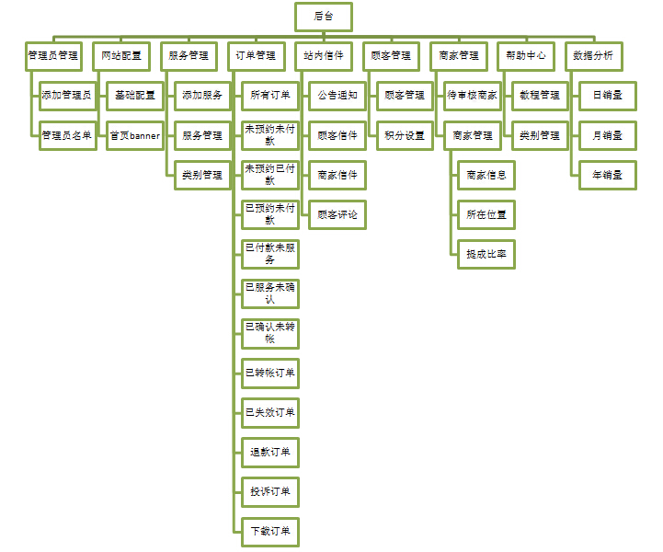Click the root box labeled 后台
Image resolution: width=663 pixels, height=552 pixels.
(x=324, y=16)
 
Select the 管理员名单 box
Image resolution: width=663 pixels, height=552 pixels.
(x=66, y=135)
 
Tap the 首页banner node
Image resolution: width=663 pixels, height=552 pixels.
(x=134, y=135)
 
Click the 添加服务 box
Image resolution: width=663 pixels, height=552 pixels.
(x=202, y=95)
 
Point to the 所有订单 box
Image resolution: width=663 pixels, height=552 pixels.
(x=270, y=95)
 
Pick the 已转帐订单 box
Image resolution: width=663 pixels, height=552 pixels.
(x=270, y=373)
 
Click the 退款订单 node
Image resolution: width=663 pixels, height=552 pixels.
(x=270, y=452)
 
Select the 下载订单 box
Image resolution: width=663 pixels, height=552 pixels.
(x=270, y=531)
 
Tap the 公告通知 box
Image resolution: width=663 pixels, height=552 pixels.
(x=337, y=95)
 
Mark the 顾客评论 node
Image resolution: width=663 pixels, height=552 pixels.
(x=337, y=214)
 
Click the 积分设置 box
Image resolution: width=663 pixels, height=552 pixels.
(x=405, y=135)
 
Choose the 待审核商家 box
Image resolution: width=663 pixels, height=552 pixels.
(x=473, y=95)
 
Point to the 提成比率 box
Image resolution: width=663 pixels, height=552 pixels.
(x=486, y=254)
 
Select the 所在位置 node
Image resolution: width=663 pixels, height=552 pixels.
(x=486, y=214)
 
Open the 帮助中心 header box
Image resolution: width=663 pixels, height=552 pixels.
(x=526, y=55)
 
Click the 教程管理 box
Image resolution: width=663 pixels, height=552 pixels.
(x=540, y=95)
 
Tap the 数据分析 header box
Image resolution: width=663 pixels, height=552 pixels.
(x=593, y=55)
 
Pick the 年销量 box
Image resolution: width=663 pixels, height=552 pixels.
(x=607, y=175)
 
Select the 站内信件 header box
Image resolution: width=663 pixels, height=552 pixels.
(x=324, y=55)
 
